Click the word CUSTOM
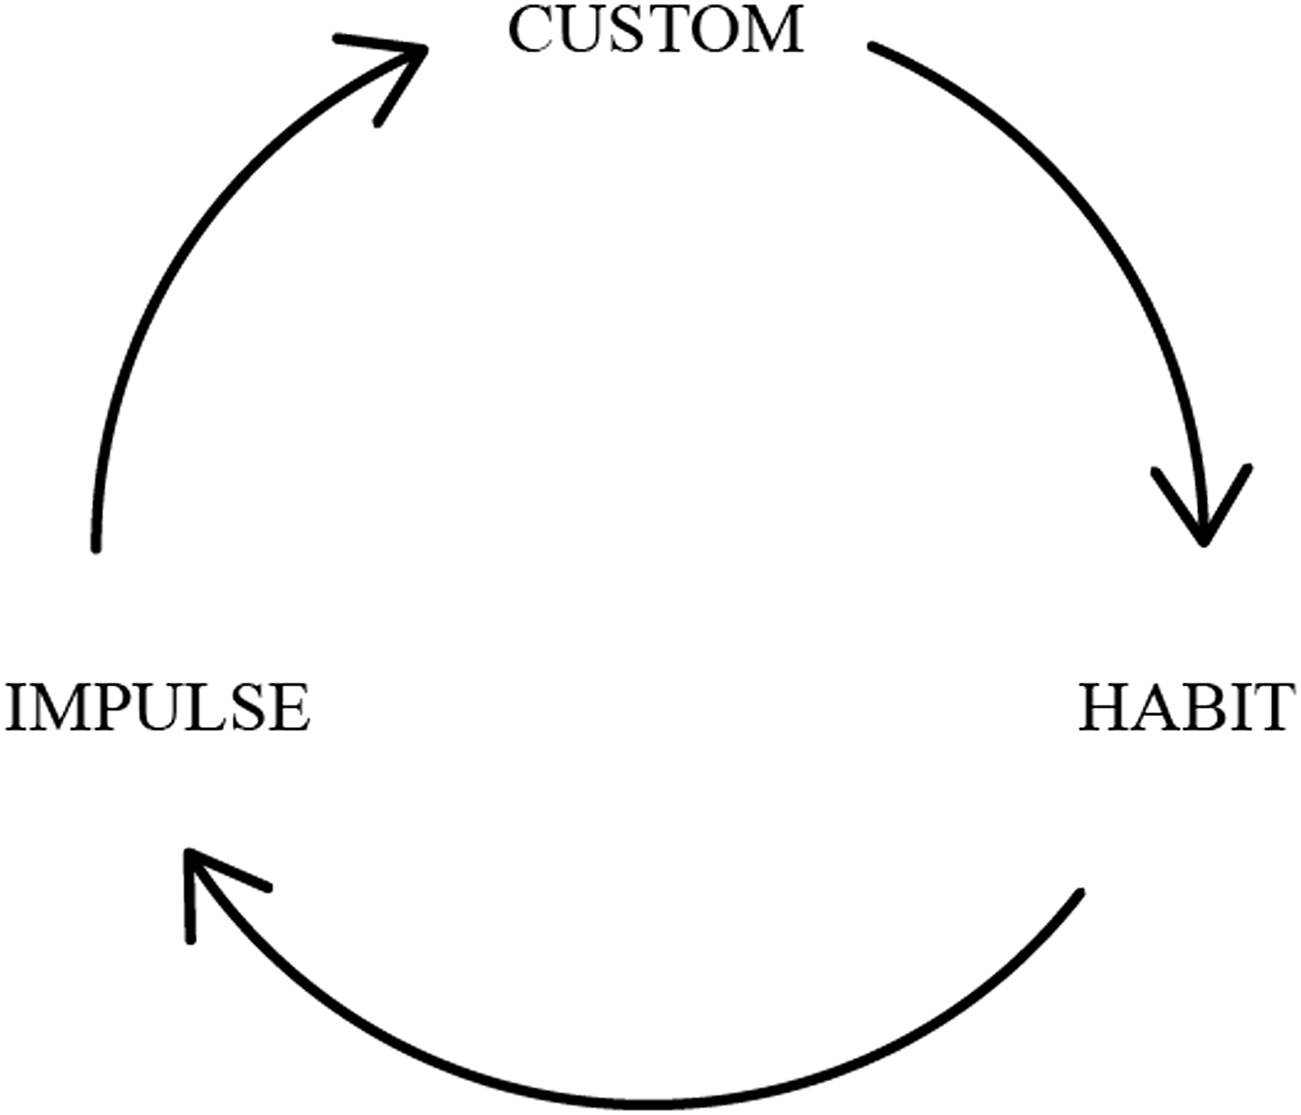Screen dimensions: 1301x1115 point(655,29)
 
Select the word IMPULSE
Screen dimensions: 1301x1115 point(157,708)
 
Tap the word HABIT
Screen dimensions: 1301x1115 point(1186,708)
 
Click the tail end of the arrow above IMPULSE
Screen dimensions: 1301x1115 point(96,549)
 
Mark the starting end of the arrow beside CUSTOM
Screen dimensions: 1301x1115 point(872,46)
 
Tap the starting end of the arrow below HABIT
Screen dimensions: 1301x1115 point(1080,893)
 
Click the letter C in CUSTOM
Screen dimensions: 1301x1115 point(530,30)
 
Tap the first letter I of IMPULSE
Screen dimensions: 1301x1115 point(16,708)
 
